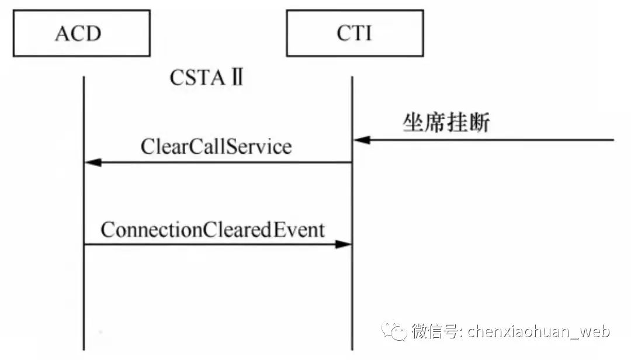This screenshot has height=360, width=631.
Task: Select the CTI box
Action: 354,33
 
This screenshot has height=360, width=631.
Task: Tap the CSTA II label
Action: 206,77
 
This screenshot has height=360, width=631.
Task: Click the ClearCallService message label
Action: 216,146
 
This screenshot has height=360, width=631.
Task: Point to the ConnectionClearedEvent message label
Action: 212,230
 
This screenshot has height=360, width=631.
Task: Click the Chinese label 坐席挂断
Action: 446,123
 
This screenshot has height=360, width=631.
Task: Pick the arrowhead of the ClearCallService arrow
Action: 93,162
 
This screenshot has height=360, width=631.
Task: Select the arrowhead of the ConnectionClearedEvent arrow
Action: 343,244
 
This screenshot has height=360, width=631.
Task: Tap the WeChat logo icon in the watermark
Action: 394,331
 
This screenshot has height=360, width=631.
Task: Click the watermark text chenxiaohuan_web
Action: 538,332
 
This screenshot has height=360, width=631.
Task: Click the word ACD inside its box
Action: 78,33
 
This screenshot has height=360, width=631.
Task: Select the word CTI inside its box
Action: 354,33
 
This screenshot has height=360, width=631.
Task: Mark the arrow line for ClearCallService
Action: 222,162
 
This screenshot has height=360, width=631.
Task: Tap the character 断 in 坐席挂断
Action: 479,123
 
